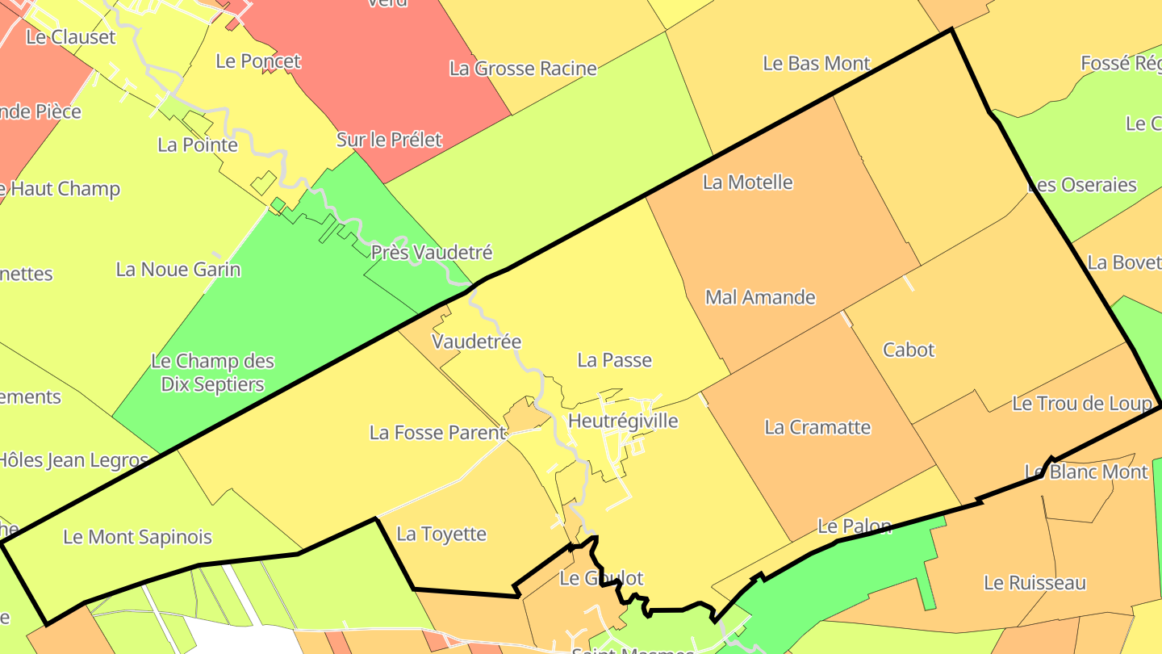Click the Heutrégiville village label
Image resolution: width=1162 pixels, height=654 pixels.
pyautogui.click(x=623, y=421)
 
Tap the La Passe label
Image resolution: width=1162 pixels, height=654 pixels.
pyautogui.click(x=614, y=360)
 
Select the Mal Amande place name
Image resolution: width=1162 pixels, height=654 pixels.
pyautogui.click(x=760, y=297)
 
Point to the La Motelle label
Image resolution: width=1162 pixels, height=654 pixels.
pyautogui.click(x=747, y=182)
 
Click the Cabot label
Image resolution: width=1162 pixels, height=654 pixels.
pyautogui.click(x=909, y=350)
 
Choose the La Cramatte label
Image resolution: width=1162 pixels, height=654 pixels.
pyautogui.click(x=817, y=427)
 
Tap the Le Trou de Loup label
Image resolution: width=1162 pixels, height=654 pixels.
pyautogui.click(x=1081, y=403)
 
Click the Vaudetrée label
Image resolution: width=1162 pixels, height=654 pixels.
pyautogui.click(x=476, y=342)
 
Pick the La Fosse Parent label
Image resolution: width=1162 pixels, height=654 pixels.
pyautogui.click(x=437, y=433)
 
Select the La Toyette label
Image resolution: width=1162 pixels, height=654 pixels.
pyautogui.click(x=441, y=534)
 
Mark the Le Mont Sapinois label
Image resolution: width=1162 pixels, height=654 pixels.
pyautogui.click(x=137, y=537)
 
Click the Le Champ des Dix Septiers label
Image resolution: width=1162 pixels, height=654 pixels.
pyautogui.click(x=213, y=372)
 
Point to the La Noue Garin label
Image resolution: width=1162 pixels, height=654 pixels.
pyautogui.click(x=178, y=269)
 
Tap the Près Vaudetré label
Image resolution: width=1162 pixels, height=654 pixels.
pyautogui.click(x=431, y=253)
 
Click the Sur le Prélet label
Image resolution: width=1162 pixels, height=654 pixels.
pyautogui.click(x=389, y=140)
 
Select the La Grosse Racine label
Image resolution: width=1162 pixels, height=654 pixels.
pyautogui.click(x=523, y=69)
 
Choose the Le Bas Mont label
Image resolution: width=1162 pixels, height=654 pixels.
pyautogui.click(x=817, y=63)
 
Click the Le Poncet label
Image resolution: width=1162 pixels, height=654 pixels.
pyautogui.click(x=258, y=61)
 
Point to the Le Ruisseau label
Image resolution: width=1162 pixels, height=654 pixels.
pyautogui.click(x=1035, y=582)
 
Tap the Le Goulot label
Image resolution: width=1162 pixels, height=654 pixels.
pyautogui.click(x=601, y=578)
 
